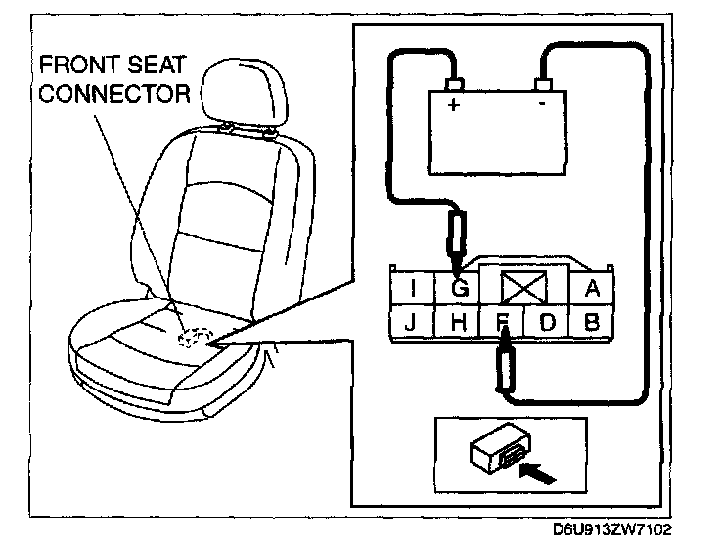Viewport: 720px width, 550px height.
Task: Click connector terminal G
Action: (461, 290)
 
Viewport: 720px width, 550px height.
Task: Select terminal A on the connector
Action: (591, 289)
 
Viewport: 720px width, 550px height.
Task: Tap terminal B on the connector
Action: (591, 321)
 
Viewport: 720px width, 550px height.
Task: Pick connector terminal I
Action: (415, 290)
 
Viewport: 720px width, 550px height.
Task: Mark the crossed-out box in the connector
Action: (522, 288)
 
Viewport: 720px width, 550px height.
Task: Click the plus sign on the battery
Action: (454, 106)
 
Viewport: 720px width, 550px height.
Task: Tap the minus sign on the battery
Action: (541, 106)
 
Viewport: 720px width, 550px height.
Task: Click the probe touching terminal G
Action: (457, 240)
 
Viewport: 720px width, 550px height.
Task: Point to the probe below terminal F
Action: (506, 366)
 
